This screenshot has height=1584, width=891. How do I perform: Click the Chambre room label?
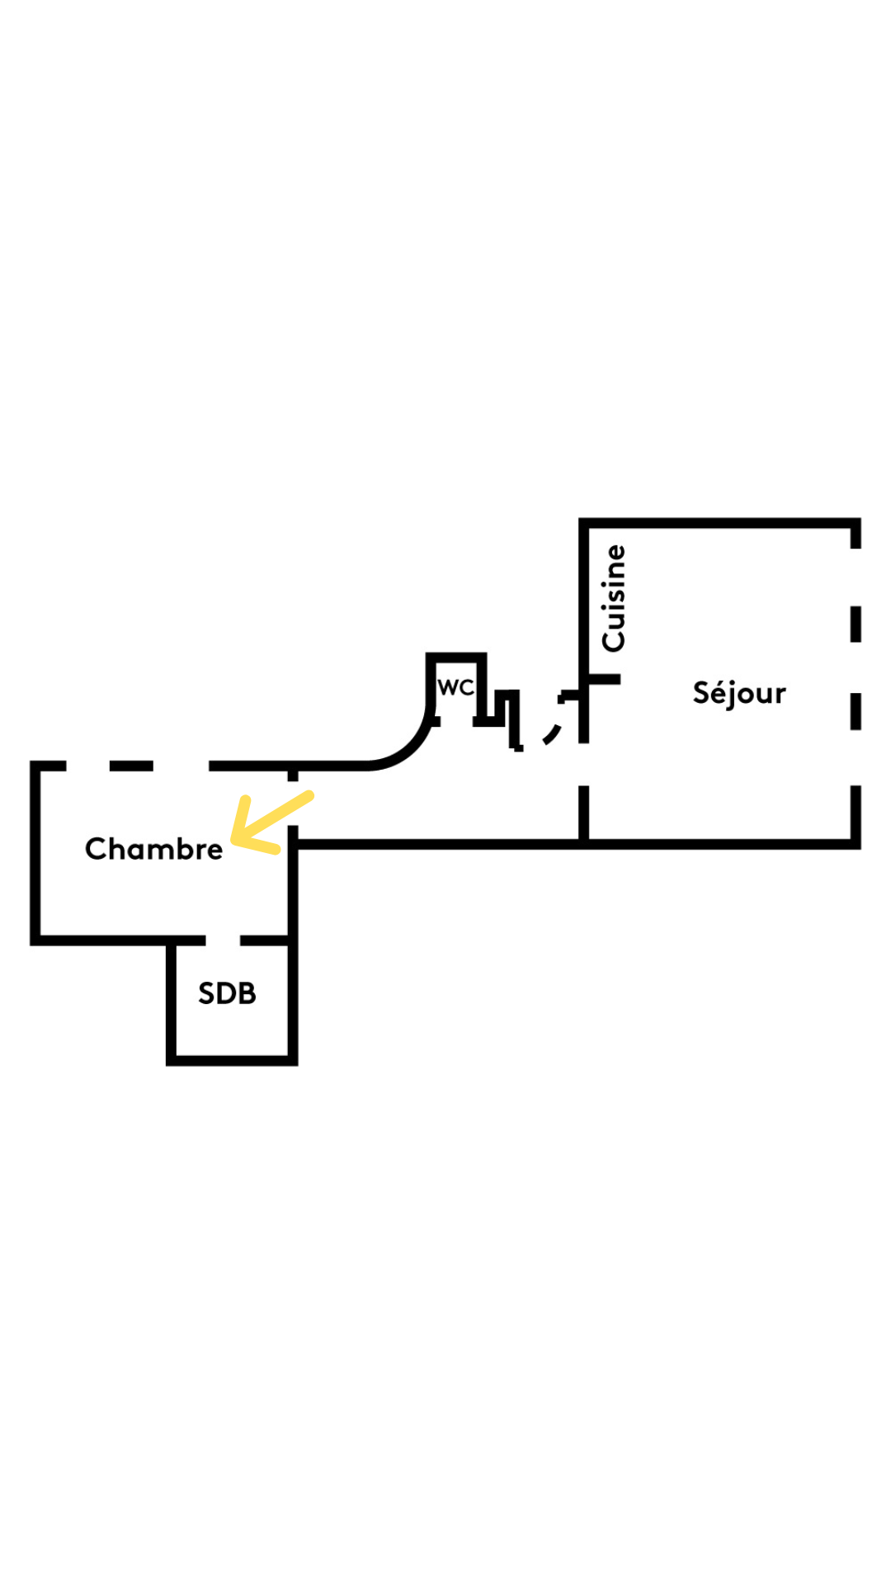click(153, 848)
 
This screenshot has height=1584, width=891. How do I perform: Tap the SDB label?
click(227, 993)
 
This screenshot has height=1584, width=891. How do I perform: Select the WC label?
click(455, 687)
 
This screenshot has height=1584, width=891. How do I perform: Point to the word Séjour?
click(739, 693)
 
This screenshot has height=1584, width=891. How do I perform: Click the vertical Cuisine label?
click(614, 598)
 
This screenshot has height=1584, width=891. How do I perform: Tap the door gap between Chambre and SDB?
click(223, 940)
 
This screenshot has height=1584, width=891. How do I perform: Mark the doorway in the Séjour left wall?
click(583, 764)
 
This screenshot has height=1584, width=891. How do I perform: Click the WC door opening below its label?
click(456, 722)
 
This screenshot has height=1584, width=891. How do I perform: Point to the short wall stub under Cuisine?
click(603, 679)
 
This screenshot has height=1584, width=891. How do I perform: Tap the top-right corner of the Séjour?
click(856, 523)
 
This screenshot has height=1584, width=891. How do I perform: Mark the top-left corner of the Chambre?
click(35, 766)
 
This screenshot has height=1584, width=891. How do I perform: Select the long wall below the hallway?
click(574, 844)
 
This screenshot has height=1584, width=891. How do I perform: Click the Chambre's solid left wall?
click(35, 853)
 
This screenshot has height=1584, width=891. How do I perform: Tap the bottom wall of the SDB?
click(232, 1060)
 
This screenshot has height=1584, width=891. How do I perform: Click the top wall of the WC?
click(456, 657)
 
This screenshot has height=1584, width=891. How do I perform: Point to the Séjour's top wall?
click(719, 523)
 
